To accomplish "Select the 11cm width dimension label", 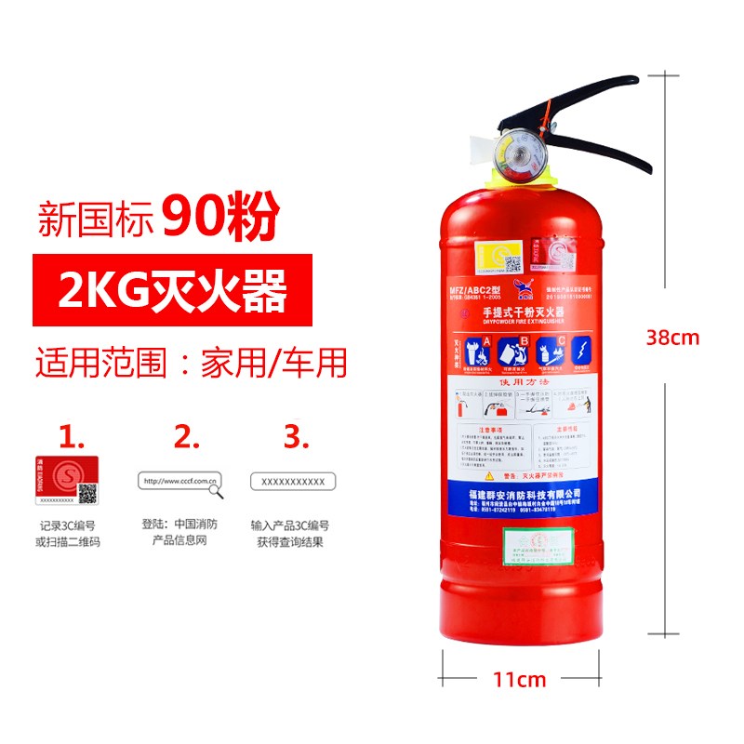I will (x=519, y=679).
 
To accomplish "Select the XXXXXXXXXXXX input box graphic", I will (x=293, y=481).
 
